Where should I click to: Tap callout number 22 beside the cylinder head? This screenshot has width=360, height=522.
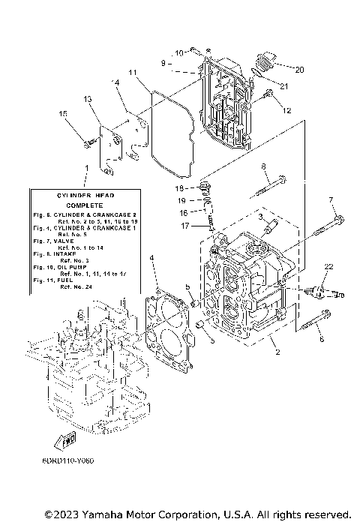click(328, 267)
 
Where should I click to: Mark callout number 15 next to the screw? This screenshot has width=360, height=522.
click(64, 114)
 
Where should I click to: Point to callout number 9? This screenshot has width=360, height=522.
click(163, 63)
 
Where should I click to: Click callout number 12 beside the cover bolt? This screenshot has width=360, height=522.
click(286, 111)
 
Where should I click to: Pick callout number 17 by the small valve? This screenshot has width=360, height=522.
click(184, 226)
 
